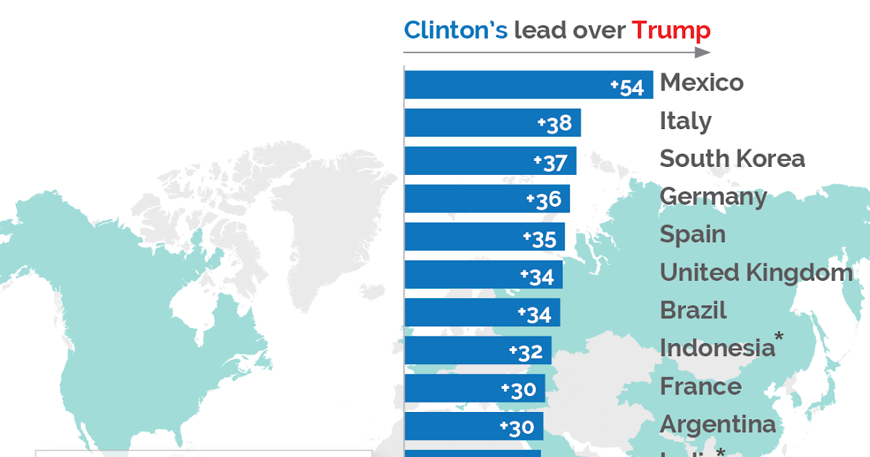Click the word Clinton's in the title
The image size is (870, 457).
point(455,30)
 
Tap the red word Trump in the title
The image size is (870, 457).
point(671,30)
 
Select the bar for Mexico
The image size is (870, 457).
point(507,85)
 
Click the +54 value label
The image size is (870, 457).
point(627,87)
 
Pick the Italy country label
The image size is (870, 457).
point(685,121)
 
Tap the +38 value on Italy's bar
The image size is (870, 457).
point(555,124)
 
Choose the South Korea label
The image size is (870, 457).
point(732,159)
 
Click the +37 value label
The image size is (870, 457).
point(550,162)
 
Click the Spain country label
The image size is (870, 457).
point(692,234)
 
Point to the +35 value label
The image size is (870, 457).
point(539,239)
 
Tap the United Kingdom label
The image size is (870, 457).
point(755,273)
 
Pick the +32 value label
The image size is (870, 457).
point(526,352)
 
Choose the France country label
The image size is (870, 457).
point(700,387)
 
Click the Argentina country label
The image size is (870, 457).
point(718,424)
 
